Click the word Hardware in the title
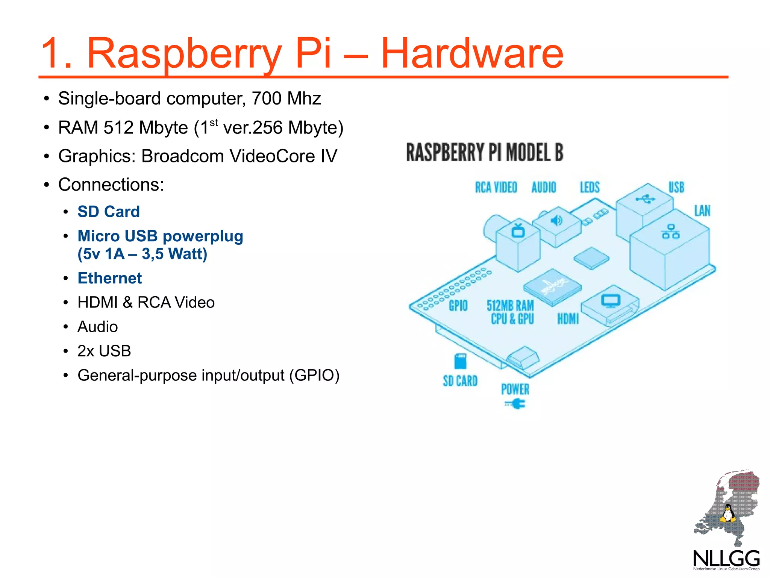pos(472,53)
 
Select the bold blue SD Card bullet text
pos(109,212)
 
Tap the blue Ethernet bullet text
pos(110,278)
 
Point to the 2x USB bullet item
pos(104,351)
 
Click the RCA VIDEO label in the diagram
pos(496,187)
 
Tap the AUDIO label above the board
pos(544,187)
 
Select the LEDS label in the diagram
pos(590,187)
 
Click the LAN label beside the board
pos(702,211)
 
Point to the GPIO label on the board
pos(458,306)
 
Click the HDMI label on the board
pos(568,319)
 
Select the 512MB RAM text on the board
pos(510,306)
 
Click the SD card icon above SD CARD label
pos(460,361)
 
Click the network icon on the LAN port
pos(671,232)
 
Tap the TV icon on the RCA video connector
pos(518,230)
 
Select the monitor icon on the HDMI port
pos(610,301)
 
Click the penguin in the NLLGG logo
pos(728,513)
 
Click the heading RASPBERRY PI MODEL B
pos(485,153)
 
